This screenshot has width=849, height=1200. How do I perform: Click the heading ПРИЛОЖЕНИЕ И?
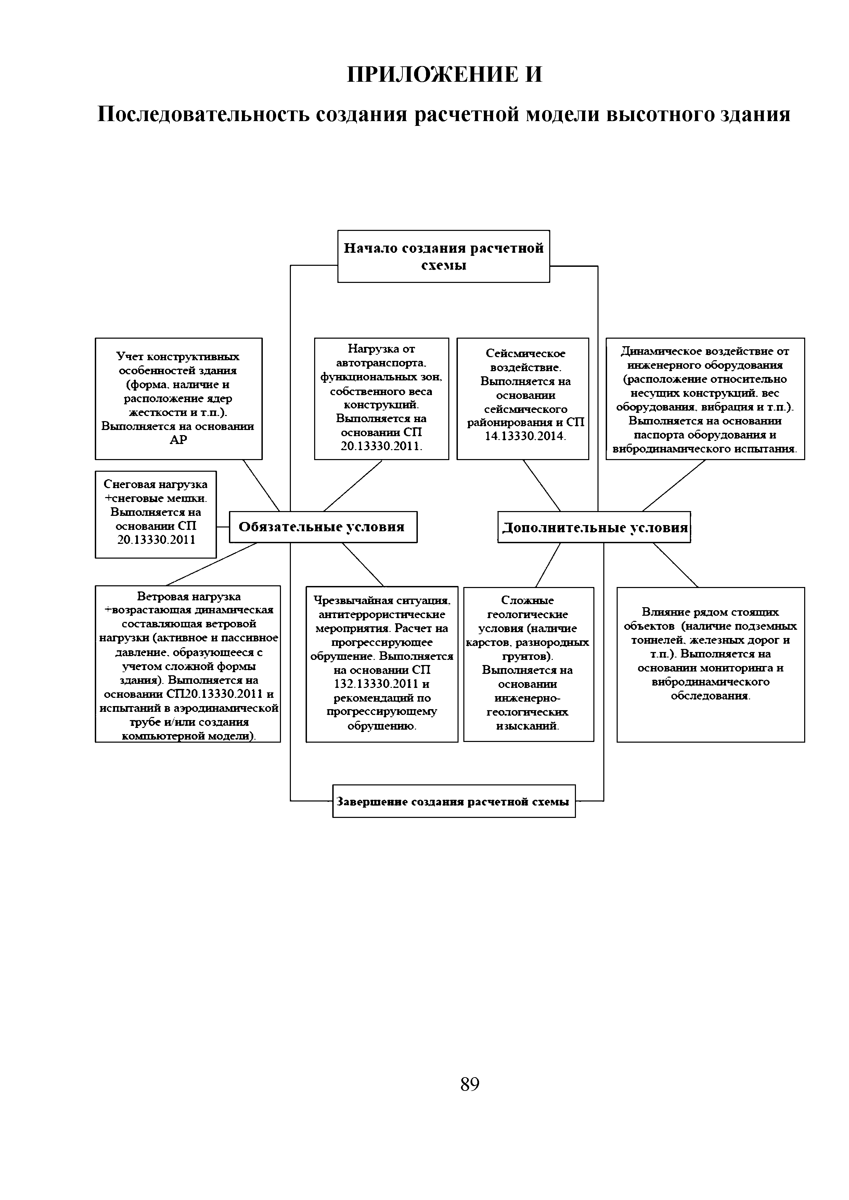445,75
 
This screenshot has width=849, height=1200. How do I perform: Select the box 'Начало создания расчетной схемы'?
443,256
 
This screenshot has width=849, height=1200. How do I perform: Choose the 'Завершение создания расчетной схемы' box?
453,801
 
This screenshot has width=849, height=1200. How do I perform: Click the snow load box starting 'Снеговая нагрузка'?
156,514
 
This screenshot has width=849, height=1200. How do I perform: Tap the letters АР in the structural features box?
178,440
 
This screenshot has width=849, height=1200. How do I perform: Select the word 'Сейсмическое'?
525,354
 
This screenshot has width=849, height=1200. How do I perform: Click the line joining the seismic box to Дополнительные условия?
542,485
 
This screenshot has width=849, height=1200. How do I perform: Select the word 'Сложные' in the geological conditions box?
527,601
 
